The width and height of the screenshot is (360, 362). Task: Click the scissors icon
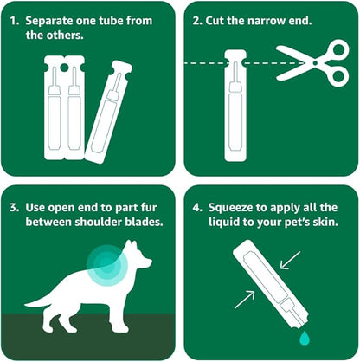[x=314, y=63]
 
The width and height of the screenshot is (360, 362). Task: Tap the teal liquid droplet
[x=305, y=338]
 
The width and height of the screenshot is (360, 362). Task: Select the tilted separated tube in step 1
[x=108, y=112]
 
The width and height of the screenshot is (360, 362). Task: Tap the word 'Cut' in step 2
[x=215, y=21]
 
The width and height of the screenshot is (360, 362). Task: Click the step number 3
[x=14, y=208]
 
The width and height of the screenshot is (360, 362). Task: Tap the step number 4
[x=197, y=208]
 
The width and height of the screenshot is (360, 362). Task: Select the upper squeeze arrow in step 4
[x=291, y=260]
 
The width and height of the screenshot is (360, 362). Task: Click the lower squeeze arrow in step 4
[x=245, y=300]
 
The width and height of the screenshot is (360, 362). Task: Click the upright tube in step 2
[x=235, y=106]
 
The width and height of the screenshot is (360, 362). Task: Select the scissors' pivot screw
[x=315, y=63]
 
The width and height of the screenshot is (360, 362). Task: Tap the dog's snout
[x=148, y=262]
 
